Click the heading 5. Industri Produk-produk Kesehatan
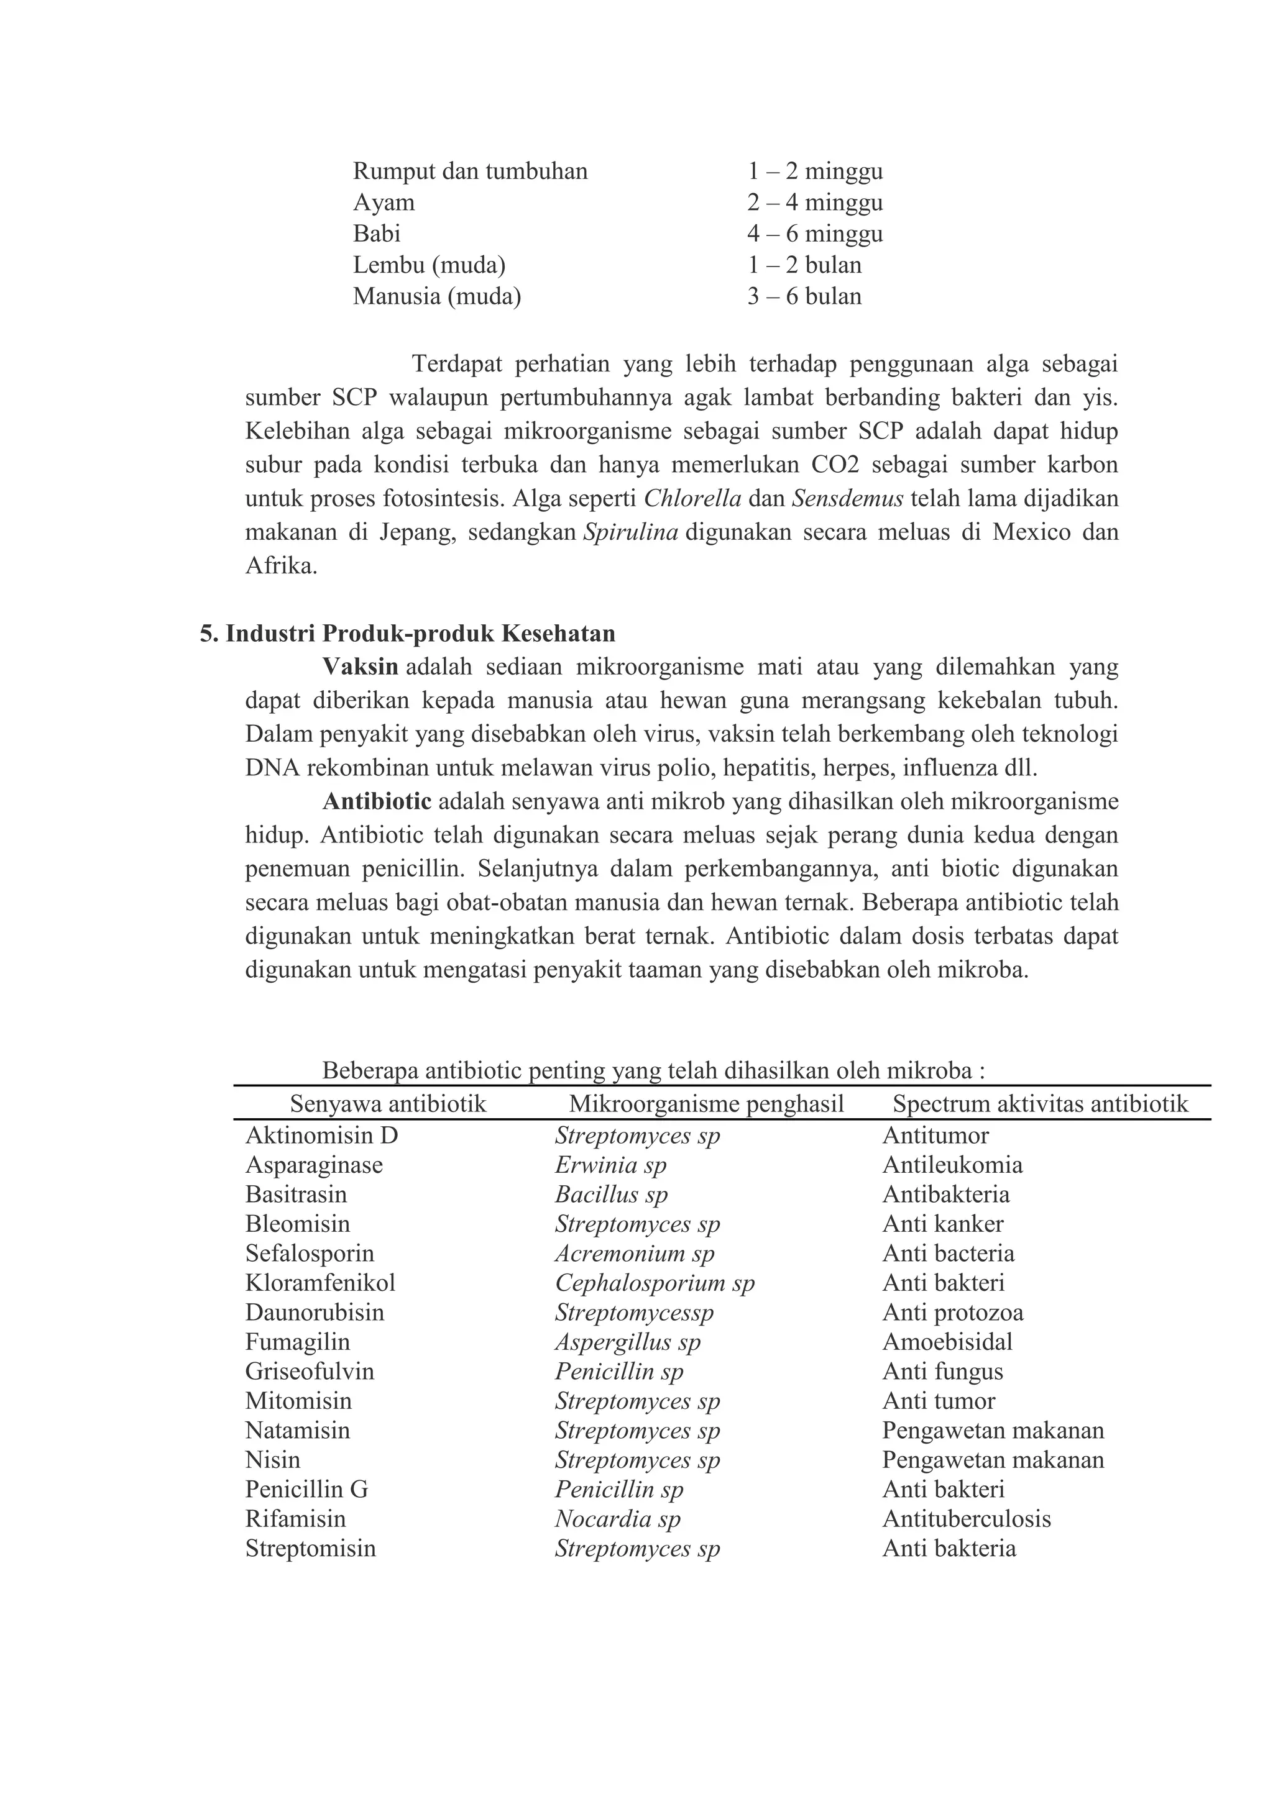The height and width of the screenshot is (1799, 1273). click(408, 633)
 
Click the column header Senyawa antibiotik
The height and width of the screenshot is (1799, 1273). click(388, 1104)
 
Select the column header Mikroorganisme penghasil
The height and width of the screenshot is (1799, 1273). click(706, 1104)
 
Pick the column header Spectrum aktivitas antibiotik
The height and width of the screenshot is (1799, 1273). click(1040, 1104)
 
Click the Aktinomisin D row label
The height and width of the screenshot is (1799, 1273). click(321, 1136)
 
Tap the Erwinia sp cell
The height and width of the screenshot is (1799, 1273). click(610, 1165)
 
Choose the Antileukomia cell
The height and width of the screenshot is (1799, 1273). click(952, 1165)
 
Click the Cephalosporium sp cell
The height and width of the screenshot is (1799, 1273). click(655, 1283)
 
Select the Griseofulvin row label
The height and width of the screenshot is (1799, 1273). click(310, 1371)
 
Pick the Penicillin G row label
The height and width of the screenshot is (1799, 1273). click(306, 1489)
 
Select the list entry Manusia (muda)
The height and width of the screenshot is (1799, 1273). click(436, 296)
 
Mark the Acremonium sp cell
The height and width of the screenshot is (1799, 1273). click(635, 1253)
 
